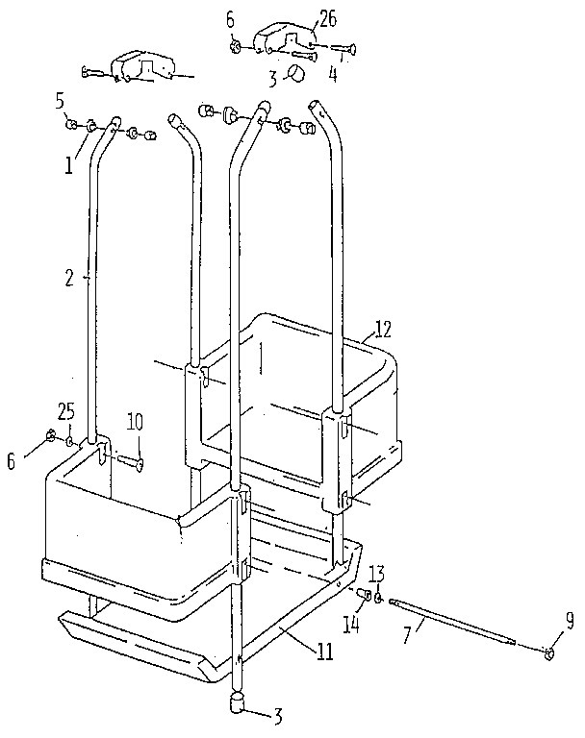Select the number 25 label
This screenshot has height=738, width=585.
tap(66, 411)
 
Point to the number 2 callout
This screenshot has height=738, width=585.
tap(69, 279)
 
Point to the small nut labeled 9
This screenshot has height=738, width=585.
tap(549, 654)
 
